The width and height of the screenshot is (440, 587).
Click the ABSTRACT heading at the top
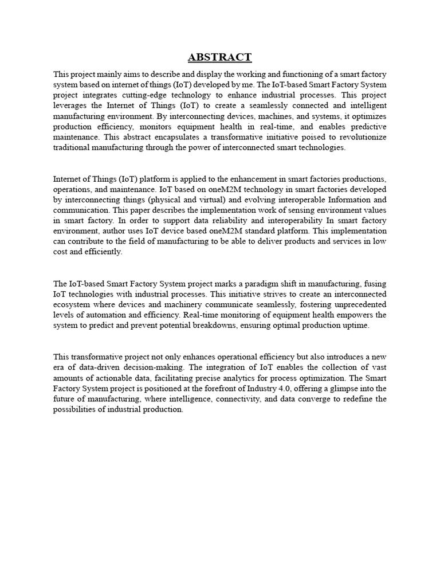219,57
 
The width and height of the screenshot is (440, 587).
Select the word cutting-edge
178,95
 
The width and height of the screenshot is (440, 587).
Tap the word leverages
72,105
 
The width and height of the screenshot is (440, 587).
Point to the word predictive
367,127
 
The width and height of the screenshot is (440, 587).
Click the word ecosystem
73,304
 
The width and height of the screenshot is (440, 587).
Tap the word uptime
356,326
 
